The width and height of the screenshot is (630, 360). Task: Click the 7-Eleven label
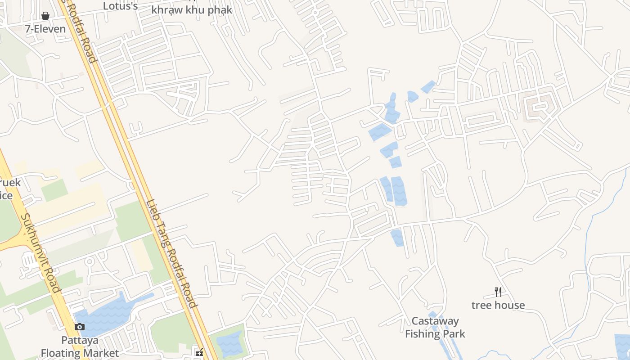point(45,29)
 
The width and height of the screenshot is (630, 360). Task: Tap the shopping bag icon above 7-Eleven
point(45,16)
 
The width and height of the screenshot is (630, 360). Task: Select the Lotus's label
point(120,6)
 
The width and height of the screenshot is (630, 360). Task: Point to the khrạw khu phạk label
point(192,10)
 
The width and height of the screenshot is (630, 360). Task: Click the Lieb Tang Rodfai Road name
point(171,253)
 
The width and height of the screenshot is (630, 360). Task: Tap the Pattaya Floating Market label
point(80,346)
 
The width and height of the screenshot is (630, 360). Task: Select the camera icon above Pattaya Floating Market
point(80,327)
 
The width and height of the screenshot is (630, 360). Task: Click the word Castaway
point(435,321)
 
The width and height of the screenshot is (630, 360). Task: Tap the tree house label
point(498,305)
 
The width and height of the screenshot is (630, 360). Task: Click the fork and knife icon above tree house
point(498,292)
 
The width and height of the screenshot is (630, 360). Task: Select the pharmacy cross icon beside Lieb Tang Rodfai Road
point(199,353)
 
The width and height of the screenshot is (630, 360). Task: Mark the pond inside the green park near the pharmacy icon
point(229,343)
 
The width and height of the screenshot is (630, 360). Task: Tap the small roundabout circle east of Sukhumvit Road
point(89,261)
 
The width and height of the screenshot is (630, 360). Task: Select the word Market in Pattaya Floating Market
point(102,353)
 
